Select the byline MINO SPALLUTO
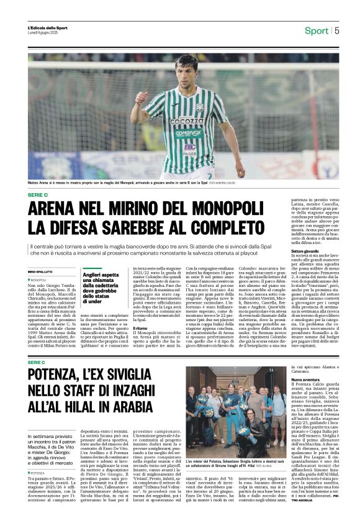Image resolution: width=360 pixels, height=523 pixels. click(x=41, y=272)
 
